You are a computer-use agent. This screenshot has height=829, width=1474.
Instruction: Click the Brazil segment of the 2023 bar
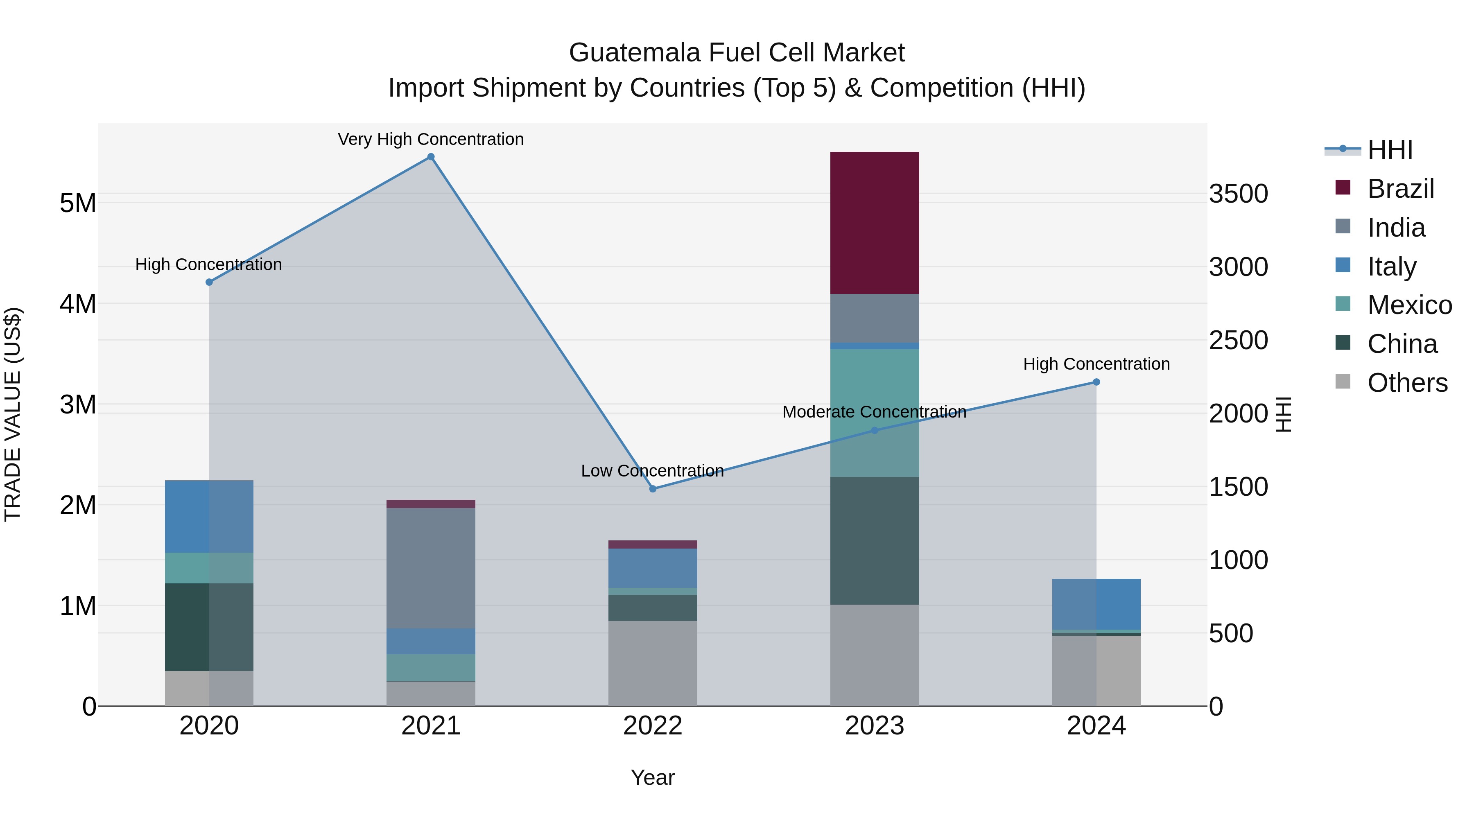[874, 223]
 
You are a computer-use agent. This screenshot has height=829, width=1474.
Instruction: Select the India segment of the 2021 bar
[431, 568]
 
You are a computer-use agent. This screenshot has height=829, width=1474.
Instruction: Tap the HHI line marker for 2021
[431, 157]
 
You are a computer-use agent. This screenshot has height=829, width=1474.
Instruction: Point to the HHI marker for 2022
[653, 488]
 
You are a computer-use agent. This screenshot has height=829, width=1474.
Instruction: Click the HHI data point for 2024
[1096, 382]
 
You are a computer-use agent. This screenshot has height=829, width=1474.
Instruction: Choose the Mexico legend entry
[1409, 305]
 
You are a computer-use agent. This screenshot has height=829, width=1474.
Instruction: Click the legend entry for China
[1402, 344]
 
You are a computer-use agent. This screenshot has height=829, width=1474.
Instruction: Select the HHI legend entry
[1389, 150]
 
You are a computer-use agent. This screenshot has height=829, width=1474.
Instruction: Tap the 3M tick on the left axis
[78, 404]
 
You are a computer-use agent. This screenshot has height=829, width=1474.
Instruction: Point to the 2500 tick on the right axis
[1238, 341]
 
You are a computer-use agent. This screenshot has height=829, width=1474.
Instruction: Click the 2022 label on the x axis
[653, 726]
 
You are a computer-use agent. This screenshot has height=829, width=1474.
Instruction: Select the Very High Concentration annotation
[431, 139]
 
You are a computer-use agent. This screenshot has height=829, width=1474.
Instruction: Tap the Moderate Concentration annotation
[874, 412]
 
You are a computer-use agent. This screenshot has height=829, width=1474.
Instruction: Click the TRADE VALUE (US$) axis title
[13, 414]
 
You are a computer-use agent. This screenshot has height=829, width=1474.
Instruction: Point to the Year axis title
[653, 777]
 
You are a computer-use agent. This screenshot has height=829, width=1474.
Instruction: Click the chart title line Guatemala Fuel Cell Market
[737, 53]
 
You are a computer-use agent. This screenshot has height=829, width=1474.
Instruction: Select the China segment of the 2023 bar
[874, 541]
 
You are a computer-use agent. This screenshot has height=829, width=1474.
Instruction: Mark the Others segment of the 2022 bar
[653, 663]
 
